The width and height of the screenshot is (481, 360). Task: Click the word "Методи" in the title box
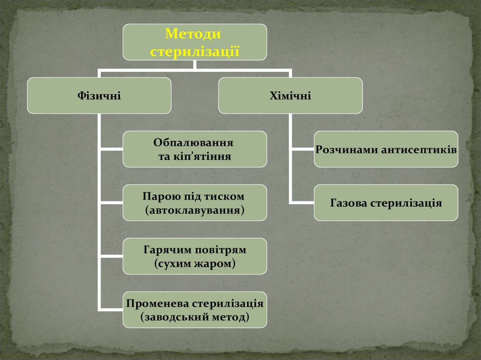coord(194,35)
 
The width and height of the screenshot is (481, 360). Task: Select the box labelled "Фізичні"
coord(99,96)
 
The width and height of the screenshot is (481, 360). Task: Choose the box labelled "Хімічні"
coord(290,96)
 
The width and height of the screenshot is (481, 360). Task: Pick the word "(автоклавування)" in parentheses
coord(195,210)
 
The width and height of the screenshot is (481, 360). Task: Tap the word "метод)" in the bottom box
coord(230,317)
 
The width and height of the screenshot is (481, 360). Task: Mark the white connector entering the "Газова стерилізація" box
coord(302,203)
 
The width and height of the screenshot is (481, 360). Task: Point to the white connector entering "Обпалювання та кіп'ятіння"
coord(111,149)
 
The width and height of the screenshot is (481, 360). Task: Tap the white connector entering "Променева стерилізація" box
coord(111,310)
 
